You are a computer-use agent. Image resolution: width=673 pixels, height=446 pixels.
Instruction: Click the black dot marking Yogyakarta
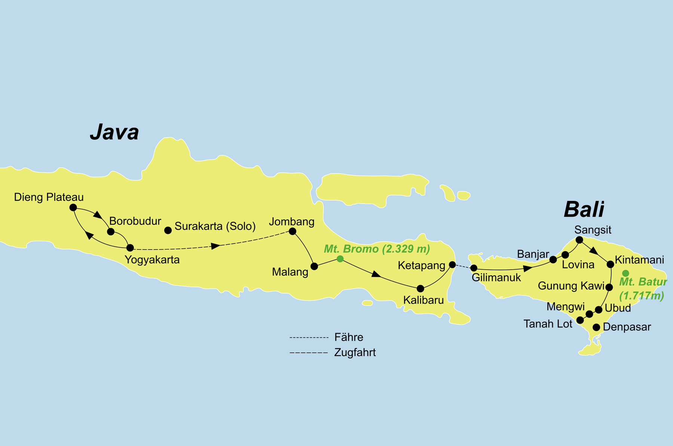[x=130, y=248]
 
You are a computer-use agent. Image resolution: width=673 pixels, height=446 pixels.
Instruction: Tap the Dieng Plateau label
[x=49, y=197]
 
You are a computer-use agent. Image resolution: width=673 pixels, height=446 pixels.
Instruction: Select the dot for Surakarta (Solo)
[x=168, y=230]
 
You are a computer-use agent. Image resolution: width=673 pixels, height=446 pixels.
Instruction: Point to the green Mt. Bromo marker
[x=340, y=258]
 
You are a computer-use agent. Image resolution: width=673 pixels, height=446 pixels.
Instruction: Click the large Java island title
[x=114, y=132]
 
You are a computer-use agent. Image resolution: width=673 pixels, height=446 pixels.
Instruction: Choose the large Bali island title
[x=584, y=209]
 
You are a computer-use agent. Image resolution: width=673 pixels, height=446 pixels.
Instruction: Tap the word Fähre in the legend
[x=349, y=337]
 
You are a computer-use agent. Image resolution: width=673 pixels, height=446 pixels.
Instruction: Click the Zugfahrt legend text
[x=355, y=353]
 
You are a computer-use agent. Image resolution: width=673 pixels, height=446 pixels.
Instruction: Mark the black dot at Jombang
[x=293, y=231]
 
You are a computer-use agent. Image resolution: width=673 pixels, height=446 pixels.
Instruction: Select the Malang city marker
[x=314, y=266]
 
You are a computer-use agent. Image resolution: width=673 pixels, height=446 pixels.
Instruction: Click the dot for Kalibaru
[x=420, y=288]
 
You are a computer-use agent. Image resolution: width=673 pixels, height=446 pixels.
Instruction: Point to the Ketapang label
[x=421, y=266]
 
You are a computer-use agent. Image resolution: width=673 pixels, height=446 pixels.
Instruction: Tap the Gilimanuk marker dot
[x=474, y=268]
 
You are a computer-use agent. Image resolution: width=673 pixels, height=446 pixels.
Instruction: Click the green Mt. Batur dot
[x=626, y=273]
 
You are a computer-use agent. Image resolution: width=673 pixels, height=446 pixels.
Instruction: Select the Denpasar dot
[x=597, y=328]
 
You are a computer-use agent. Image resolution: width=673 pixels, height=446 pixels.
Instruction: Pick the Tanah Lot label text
[x=548, y=324]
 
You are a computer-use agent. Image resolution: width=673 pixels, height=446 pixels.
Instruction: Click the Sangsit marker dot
[x=579, y=240]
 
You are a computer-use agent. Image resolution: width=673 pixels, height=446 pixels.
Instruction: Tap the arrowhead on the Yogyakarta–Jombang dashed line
[x=216, y=246]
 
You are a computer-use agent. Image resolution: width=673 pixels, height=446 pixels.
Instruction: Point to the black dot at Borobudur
[x=111, y=232]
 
